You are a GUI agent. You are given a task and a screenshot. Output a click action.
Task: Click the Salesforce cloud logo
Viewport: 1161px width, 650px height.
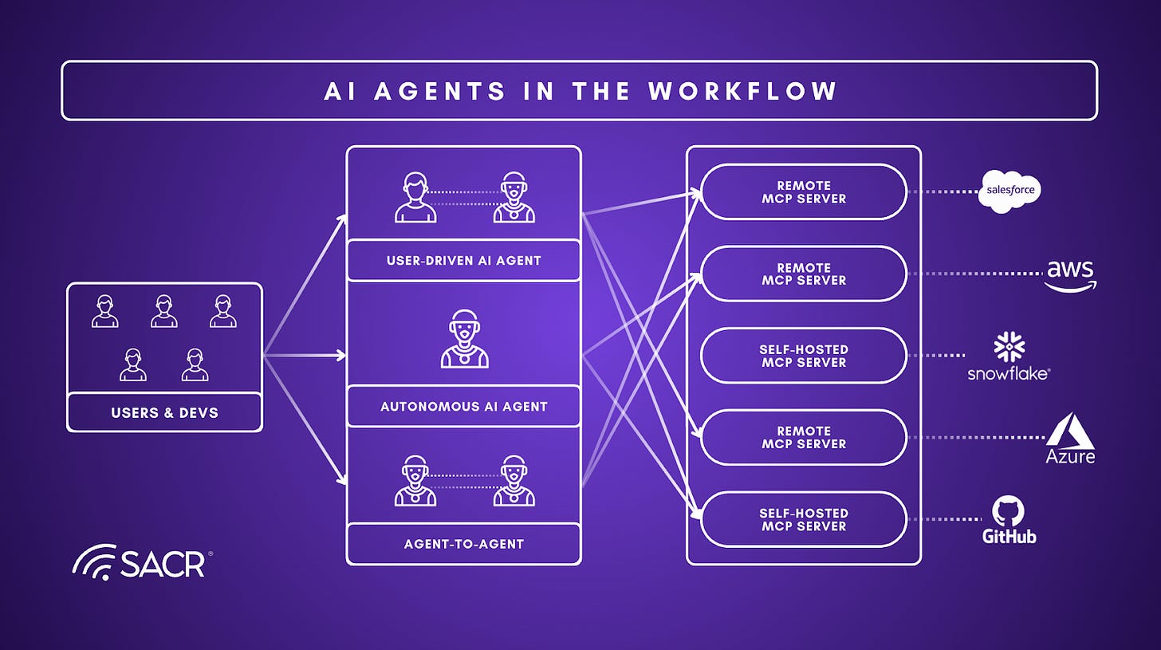(1009, 191)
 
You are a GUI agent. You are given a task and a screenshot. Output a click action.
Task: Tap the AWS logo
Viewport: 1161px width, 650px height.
(1071, 274)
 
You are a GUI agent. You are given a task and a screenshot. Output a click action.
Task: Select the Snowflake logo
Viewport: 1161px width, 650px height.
(1009, 357)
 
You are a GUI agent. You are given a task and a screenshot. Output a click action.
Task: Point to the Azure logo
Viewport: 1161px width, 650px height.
(1071, 439)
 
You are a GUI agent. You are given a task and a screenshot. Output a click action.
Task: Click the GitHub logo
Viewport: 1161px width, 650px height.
(1009, 520)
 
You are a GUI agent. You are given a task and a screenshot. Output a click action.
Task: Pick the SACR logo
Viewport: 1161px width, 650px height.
(141, 563)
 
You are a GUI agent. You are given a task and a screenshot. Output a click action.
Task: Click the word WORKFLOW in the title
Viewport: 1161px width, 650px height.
(742, 91)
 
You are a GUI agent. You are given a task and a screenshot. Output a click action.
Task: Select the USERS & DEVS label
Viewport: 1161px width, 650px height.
(164, 413)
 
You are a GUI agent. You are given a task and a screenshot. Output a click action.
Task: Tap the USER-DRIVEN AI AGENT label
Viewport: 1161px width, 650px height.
(463, 260)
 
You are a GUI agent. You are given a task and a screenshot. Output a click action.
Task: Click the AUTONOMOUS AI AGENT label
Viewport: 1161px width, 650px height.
(463, 406)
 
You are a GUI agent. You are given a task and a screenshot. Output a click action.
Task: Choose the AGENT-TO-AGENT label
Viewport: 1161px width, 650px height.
(463, 544)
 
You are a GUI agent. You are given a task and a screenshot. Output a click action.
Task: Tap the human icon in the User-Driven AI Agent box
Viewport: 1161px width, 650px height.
(415, 199)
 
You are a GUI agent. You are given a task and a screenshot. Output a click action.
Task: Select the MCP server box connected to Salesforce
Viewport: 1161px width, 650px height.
(804, 192)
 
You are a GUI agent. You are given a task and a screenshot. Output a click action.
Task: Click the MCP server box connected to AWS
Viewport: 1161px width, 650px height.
(804, 274)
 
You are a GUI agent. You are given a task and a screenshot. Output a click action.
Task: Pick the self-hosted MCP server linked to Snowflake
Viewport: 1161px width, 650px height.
(804, 356)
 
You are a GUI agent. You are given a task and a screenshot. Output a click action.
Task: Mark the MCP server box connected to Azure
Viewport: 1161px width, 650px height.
(804, 438)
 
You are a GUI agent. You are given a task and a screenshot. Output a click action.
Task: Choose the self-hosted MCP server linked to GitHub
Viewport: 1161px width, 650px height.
(804, 520)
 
